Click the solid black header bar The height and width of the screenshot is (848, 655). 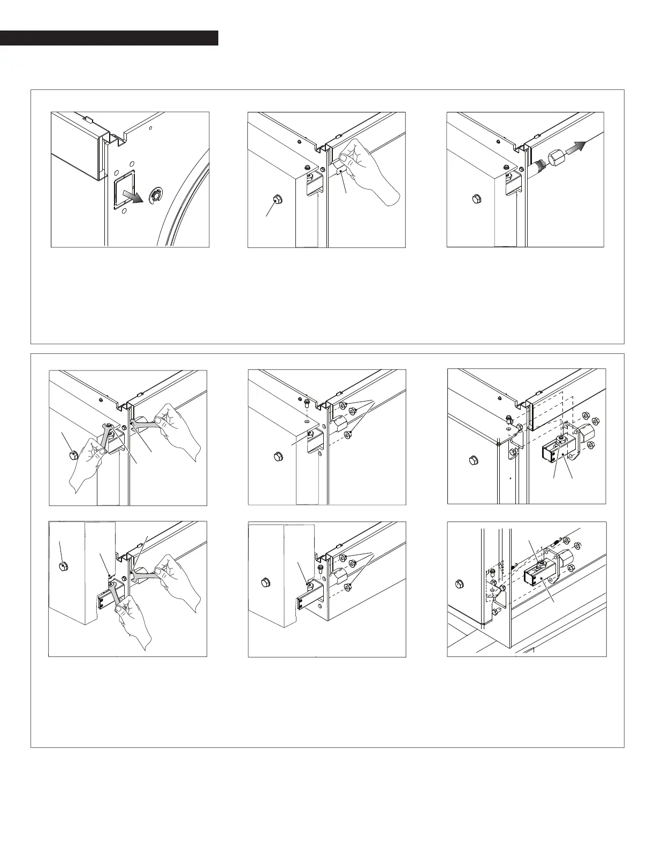pyautogui.click(x=109, y=38)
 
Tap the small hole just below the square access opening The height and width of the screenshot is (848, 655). pyautogui.click(x=124, y=211)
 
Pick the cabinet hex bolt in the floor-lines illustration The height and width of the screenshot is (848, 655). pyautogui.click(x=458, y=583)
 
